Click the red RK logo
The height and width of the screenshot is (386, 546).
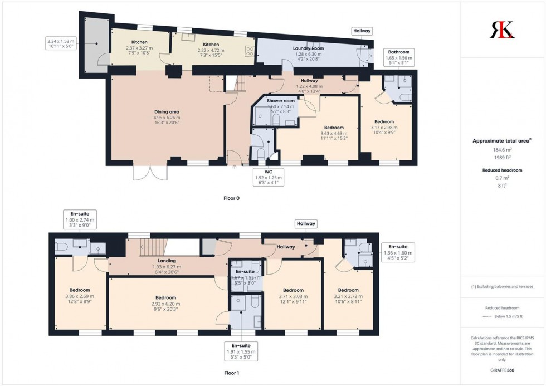[x=502, y=30]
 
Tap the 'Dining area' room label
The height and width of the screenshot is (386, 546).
[x=167, y=112]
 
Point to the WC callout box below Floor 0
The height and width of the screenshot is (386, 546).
[x=269, y=178]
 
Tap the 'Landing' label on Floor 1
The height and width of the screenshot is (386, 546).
[x=167, y=261]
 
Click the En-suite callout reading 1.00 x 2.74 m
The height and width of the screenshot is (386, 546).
[x=80, y=220]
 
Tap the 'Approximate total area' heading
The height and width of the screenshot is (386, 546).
[x=501, y=141]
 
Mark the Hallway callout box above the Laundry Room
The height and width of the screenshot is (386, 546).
[x=362, y=31]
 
